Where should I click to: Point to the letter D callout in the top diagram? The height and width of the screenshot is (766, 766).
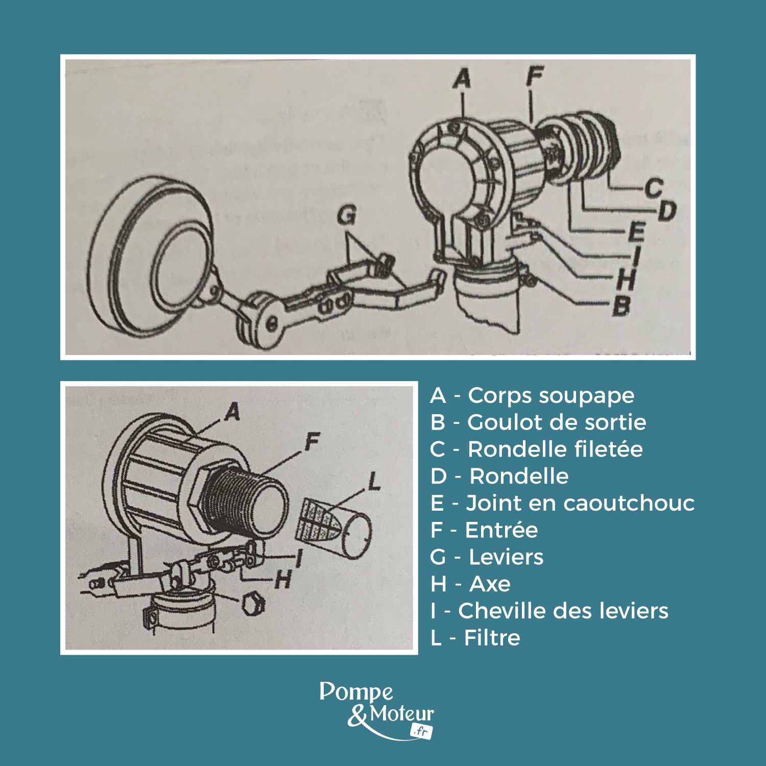665,210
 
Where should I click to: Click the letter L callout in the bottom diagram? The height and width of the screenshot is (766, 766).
374,481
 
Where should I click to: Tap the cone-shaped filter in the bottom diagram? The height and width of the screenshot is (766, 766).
317,520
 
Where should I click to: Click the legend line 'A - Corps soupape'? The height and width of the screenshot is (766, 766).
532,395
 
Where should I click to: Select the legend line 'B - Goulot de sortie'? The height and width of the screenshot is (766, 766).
538,422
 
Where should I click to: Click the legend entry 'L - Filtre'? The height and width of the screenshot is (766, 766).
475,638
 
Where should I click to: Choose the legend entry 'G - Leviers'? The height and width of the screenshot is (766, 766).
487,557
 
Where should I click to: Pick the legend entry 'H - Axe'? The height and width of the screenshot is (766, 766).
470,584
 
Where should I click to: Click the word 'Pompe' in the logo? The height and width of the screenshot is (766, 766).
356,692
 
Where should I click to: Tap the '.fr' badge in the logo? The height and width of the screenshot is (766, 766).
421,731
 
